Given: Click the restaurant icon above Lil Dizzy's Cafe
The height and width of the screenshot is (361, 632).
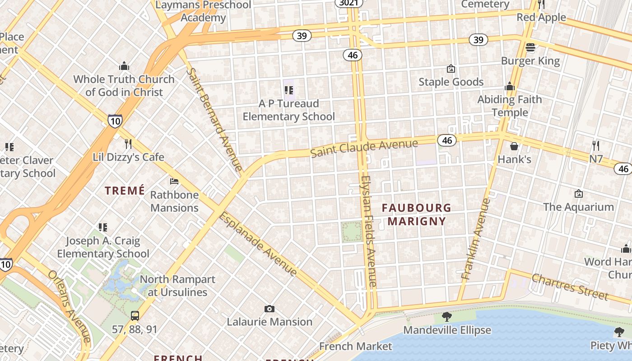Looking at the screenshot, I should coord(128,144).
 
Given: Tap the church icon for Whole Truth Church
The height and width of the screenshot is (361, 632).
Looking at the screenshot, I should coord(124,66).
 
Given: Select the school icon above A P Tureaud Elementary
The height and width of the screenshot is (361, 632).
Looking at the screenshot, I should coord(288,90).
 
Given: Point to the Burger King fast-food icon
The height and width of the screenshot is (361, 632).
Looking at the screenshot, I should coord(530,47).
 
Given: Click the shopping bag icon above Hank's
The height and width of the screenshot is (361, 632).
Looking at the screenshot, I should coord(514,146).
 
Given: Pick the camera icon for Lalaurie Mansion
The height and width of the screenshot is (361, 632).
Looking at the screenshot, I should coord(270,309).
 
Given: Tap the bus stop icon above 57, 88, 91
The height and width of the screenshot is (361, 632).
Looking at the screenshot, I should coord(135,316).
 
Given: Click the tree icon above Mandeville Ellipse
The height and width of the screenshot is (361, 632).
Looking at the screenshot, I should coord(447,317).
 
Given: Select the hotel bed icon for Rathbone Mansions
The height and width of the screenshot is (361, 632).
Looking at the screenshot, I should coord(174,181).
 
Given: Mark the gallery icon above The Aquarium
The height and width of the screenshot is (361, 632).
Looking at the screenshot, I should coord(579,194).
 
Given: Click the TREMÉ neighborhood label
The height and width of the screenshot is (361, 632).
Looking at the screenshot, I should coord(125,191).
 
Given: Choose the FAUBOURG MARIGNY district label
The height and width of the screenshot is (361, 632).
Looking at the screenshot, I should coord(416,214).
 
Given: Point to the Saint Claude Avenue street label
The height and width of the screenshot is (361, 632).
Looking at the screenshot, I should coord(364,148).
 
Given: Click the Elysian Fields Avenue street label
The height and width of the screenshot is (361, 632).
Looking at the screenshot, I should coord(368,231).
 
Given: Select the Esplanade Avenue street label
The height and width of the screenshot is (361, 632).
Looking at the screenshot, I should coord(258,243).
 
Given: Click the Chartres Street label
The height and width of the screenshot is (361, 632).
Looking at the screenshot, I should coord(570,287).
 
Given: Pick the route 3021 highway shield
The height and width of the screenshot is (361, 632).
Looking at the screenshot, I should coord(349,3).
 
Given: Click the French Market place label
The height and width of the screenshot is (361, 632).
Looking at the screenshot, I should coord(356,346).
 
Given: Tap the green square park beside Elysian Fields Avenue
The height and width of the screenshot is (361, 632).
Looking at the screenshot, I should coord(351,232).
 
